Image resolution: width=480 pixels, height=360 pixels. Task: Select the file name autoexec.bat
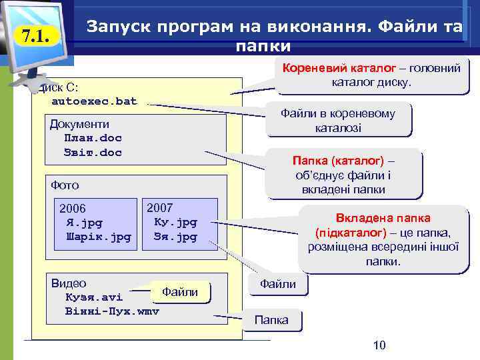coord(94,101)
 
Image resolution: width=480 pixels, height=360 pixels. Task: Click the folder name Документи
coord(79,124)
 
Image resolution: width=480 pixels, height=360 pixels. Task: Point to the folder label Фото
coord(65,185)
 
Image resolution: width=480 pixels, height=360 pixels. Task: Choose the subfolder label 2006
coord(73,209)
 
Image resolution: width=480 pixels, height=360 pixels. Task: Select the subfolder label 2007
coord(159,207)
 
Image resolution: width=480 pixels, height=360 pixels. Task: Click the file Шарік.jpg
coord(98,237)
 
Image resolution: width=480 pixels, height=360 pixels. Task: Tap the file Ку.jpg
coord(175,222)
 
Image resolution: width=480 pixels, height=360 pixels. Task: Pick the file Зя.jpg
coord(175,237)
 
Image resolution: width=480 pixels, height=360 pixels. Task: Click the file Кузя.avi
coord(94,297)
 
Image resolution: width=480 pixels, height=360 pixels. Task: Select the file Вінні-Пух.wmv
coord(112,311)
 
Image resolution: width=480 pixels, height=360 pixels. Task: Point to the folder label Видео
coord(69,283)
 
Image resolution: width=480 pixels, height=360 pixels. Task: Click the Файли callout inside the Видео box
coord(180,292)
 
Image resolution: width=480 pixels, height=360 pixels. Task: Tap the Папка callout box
coord(272,320)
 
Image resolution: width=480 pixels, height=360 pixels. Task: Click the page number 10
coord(379,345)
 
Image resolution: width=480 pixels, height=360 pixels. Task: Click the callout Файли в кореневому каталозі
coord(337,120)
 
